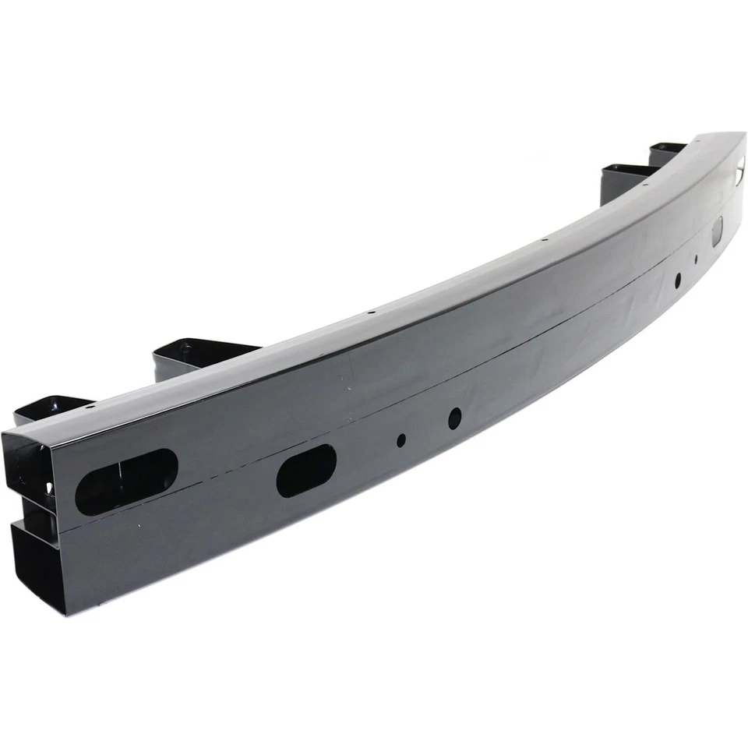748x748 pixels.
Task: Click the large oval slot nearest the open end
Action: click(x=127, y=482)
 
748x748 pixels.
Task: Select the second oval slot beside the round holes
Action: click(x=306, y=471)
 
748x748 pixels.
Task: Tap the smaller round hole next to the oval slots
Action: click(x=401, y=440)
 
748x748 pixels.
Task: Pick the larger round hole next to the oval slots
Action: click(x=454, y=418)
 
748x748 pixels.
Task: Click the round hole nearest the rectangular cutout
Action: click(x=678, y=278)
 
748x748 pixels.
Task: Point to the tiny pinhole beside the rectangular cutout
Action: click(x=696, y=259)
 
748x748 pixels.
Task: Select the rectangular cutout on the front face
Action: click(x=716, y=229)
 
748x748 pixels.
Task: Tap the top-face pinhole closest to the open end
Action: click(x=91, y=407)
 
